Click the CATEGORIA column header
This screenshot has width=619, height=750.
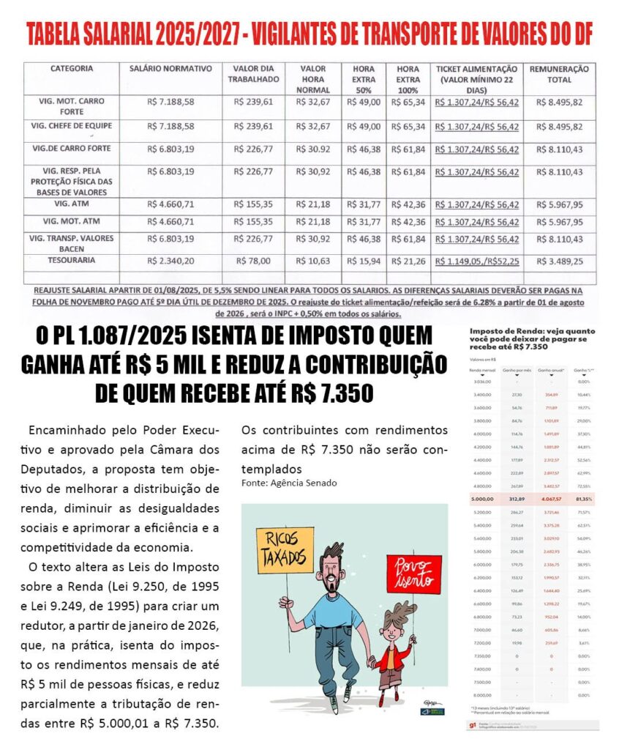[x=72, y=69]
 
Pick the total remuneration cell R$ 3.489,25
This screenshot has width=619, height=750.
[x=559, y=260]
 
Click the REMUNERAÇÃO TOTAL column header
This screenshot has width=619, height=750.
[x=559, y=73]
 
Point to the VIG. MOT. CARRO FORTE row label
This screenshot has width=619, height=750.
[x=72, y=107]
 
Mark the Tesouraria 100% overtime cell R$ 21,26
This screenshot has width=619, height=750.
[x=410, y=260]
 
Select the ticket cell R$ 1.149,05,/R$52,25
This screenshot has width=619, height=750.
[x=476, y=260]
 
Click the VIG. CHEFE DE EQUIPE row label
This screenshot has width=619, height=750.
[x=72, y=127]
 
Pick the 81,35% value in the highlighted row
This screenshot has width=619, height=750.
[x=583, y=499]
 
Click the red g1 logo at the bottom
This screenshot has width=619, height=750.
[x=473, y=725]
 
